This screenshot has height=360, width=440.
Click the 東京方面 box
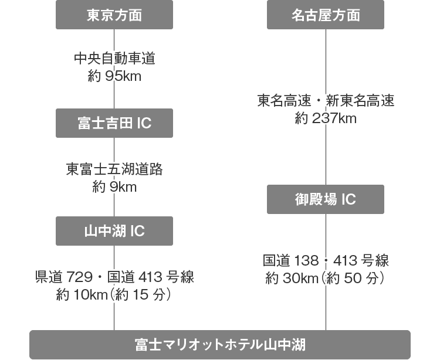click(114, 15)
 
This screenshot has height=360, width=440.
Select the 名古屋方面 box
click(326, 15)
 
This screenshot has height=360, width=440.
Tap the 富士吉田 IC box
click(114, 123)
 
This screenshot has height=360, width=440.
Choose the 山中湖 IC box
click(114, 231)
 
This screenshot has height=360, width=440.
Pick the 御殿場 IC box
click(326, 199)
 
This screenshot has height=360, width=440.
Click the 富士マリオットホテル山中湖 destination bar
click(220, 345)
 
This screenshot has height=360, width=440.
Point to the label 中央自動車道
click(114, 58)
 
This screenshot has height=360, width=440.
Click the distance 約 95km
click(114, 76)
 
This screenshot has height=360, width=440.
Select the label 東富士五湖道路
click(114, 169)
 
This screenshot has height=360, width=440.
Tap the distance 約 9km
click(114, 187)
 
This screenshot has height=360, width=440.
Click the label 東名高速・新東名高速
click(326, 100)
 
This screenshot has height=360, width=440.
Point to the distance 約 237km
click(326, 118)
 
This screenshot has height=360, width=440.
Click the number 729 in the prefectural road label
click(80, 277)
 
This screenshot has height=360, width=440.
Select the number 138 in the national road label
click(307, 260)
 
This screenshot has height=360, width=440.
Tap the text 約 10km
click(82, 295)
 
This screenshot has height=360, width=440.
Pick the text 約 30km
click(292, 278)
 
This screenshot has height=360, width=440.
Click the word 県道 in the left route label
click(49, 277)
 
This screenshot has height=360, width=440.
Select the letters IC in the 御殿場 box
click(348, 199)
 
